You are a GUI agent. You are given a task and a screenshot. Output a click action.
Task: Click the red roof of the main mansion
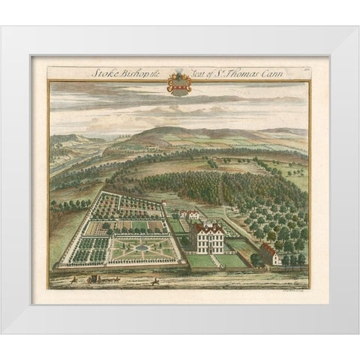[x=208, y=227]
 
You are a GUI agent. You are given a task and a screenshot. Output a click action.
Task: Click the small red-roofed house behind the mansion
[x=192, y=214]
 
